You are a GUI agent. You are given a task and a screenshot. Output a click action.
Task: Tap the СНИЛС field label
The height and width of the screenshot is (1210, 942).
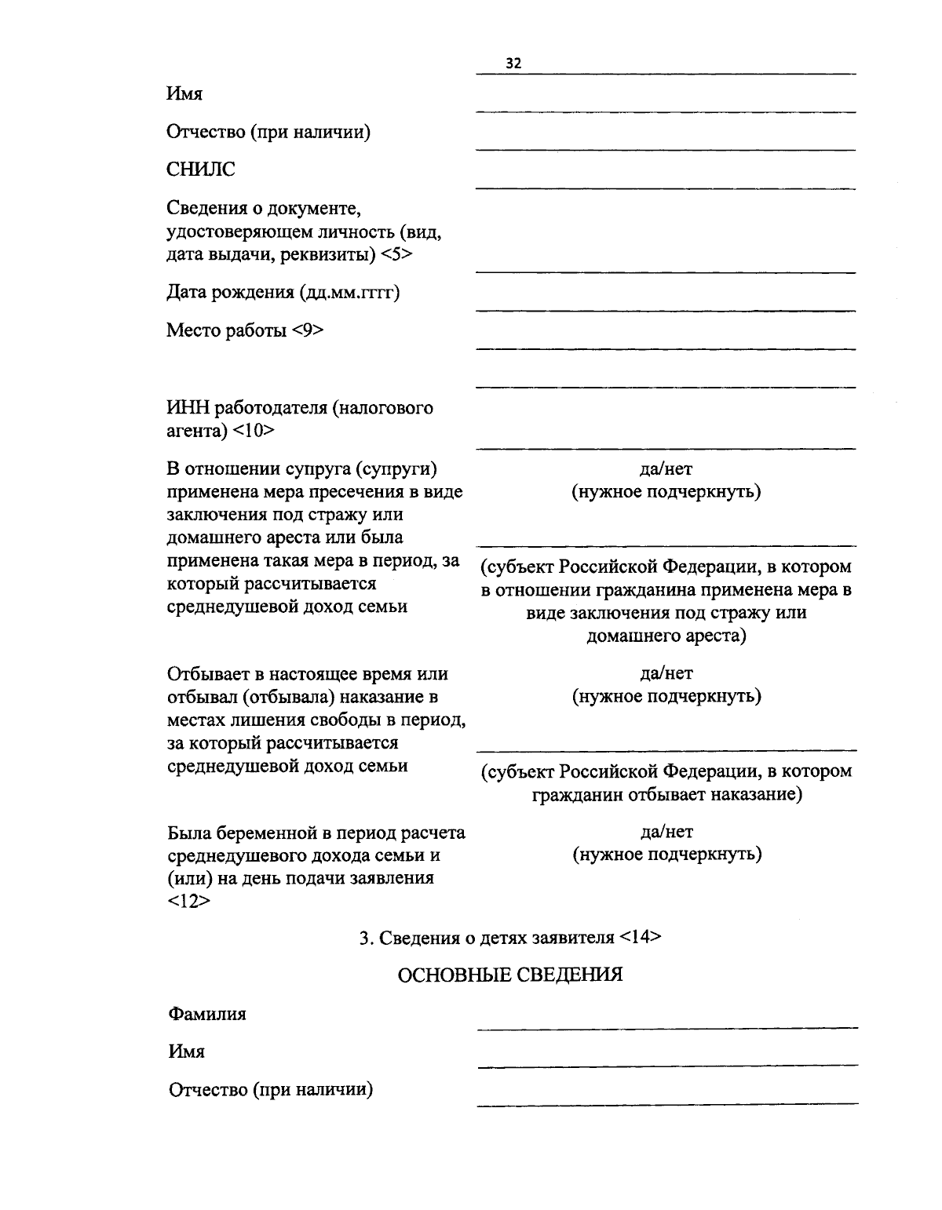coord(200,169)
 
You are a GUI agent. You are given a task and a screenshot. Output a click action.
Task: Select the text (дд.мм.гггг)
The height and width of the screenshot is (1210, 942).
coord(349,293)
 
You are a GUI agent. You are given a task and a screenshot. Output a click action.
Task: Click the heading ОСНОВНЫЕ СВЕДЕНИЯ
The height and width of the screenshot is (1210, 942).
coord(510,975)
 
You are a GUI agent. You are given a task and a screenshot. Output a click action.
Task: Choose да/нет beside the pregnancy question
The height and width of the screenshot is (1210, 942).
coord(666,831)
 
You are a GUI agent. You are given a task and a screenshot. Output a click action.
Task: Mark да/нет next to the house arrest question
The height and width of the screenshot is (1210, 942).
coord(666,469)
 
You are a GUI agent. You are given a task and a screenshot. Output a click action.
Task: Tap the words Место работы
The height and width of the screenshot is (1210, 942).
coord(226,330)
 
